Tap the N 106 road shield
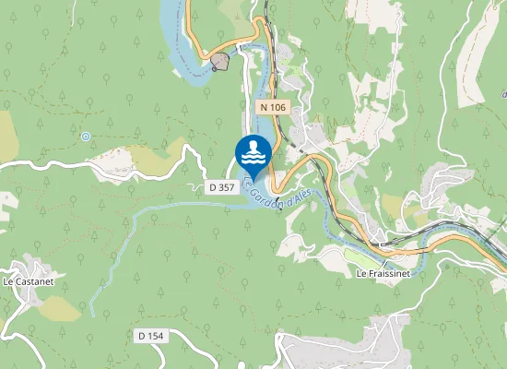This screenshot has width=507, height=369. (x=273, y=107)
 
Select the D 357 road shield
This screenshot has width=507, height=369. (x=222, y=186)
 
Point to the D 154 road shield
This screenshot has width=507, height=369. (x=151, y=336)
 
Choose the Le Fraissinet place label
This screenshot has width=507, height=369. (x=383, y=275)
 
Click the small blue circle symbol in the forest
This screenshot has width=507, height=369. (x=85, y=137)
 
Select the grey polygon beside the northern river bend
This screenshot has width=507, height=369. (x=220, y=62)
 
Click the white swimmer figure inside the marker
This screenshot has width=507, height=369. (x=253, y=149)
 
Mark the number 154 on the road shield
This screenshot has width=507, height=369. (x=156, y=336)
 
